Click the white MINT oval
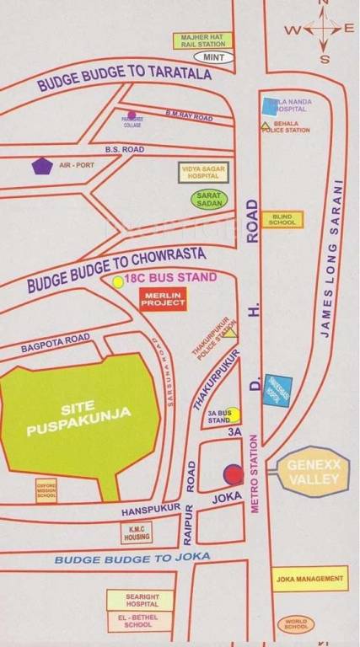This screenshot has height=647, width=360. pyautogui.click(x=209, y=56)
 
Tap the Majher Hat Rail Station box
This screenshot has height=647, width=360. pyautogui.click(x=202, y=40)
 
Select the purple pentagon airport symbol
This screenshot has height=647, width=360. pyautogui.click(x=41, y=166)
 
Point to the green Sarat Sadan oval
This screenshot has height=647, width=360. pyautogui.click(x=207, y=200)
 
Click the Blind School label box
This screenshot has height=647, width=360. pyautogui.click(x=281, y=219)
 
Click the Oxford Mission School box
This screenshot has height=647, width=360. pyautogui.click(x=46, y=492)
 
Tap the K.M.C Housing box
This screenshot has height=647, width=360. pyautogui.click(x=136, y=532)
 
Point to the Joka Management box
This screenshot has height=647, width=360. pyautogui.click(x=309, y=579)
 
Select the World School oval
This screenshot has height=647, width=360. pyautogui.click(x=297, y=624)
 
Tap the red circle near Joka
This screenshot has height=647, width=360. pyautogui.click(x=232, y=473)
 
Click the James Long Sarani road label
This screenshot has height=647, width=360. pyautogui.click(x=331, y=260)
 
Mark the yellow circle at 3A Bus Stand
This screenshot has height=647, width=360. pyautogui.click(x=234, y=414)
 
